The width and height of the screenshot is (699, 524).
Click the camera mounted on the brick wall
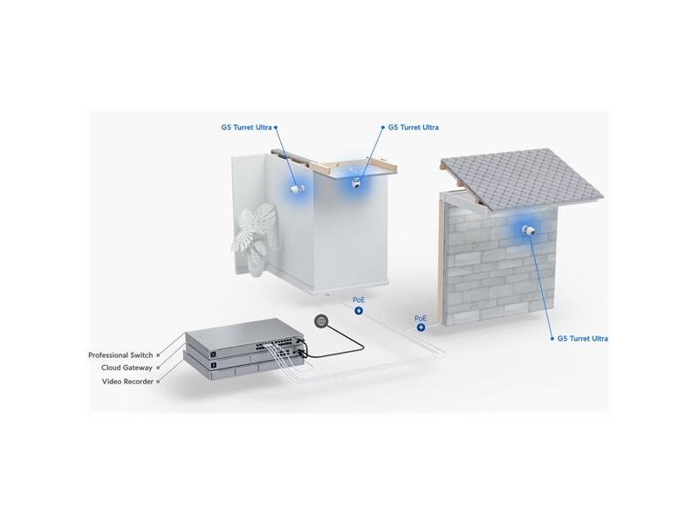point(529,231)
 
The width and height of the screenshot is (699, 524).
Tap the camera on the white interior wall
point(298,190)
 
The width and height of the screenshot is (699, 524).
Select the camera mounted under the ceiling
point(357,183)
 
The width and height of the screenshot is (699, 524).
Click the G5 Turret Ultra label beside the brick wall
point(582,339)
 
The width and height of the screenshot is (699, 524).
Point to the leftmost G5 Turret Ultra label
point(246,128)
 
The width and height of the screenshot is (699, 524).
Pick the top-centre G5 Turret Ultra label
point(414,128)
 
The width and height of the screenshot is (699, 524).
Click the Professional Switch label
point(120,355)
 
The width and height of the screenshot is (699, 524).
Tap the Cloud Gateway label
point(127,368)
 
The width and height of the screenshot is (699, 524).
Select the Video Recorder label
point(127,382)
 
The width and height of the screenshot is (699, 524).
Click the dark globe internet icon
point(321,321)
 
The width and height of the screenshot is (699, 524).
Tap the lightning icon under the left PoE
point(359,311)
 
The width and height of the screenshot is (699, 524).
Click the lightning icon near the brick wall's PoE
point(421,327)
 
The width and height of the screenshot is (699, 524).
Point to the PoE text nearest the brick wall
point(421,319)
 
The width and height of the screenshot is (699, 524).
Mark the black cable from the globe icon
point(339,343)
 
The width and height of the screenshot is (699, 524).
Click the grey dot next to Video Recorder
point(158,382)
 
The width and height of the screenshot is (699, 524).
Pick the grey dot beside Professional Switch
point(158,355)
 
